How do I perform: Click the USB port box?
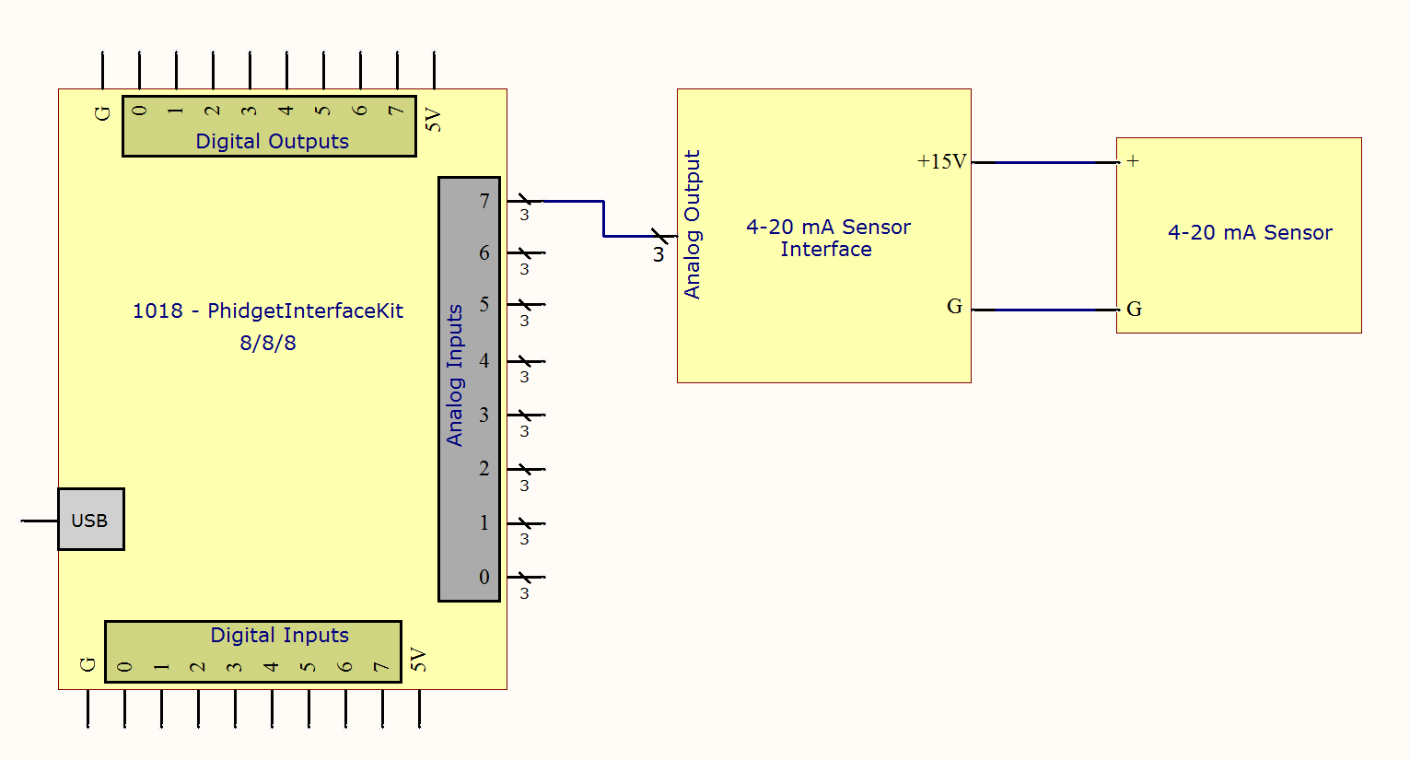[90, 520]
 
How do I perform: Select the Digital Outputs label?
[272, 142]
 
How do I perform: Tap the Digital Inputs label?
[279, 636]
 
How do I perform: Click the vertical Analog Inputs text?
[455, 376]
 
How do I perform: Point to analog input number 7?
[484, 201]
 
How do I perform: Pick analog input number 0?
[484, 578]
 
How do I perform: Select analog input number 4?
[484, 361]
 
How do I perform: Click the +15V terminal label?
[941, 162]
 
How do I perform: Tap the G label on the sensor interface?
[954, 307]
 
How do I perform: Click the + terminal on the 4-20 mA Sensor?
[1133, 161]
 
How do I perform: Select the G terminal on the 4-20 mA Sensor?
[1134, 310]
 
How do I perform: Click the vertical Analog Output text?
[693, 224]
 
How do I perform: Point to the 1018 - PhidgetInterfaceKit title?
[267, 311]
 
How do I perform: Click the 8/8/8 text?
[268, 344]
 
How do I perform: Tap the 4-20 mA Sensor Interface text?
[827, 238]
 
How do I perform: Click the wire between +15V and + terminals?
[1044, 162]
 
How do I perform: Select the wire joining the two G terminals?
[1044, 310]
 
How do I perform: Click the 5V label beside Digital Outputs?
[433, 120]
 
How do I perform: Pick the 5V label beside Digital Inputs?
[418, 660]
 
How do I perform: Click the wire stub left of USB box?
[40, 521]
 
